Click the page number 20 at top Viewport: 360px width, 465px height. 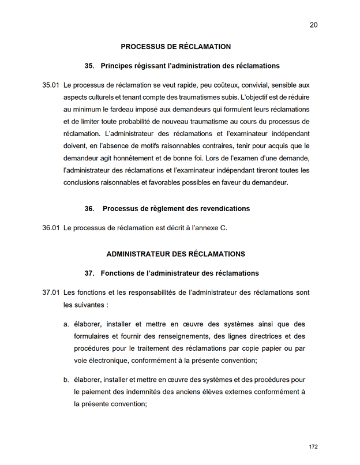coord(313,25)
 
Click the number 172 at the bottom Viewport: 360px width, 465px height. coord(313,447)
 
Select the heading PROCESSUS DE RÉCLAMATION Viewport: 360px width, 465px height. coord(175,47)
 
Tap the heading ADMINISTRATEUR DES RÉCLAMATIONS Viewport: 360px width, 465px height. coord(175,254)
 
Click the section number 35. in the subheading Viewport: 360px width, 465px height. coord(89,66)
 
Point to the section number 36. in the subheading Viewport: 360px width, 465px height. coord(89,208)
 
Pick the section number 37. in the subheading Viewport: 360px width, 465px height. coord(89,273)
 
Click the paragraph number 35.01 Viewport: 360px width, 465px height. coord(51,85)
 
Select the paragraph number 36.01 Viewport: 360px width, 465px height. coord(51,228)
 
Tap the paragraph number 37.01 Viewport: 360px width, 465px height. coord(51,293)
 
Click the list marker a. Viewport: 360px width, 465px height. coord(66,324)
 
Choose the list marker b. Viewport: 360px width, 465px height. coord(66,380)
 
